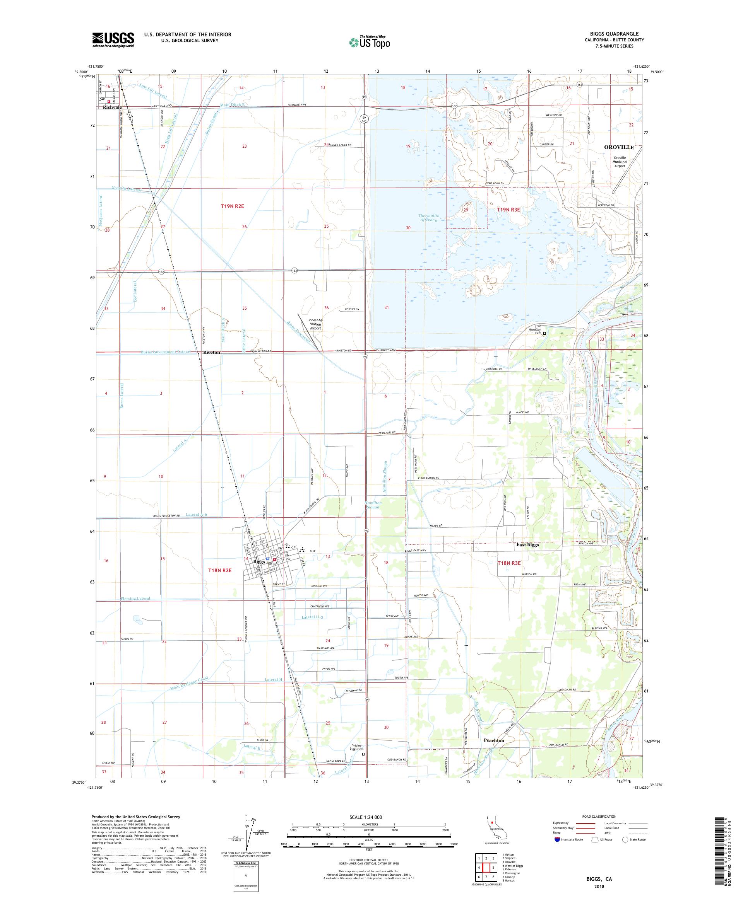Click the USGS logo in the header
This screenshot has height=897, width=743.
pyautogui.click(x=113, y=40)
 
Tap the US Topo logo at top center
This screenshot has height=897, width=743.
pyautogui.click(x=370, y=42)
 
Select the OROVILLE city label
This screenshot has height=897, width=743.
pyautogui.click(x=619, y=147)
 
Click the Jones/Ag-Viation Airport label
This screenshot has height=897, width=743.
pyautogui.click(x=315, y=324)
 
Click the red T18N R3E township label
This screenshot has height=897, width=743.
pyautogui.click(x=509, y=563)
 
